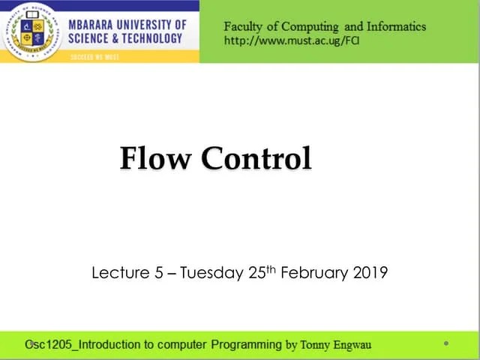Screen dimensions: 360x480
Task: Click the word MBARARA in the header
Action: tap(95, 24)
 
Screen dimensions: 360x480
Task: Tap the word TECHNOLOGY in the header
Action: tap(147, 39)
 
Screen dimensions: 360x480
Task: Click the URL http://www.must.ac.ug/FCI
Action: tap(292, 40)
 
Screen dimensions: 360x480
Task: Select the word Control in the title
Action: tap(256, 158)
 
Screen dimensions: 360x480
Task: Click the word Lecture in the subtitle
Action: tap(121, 273)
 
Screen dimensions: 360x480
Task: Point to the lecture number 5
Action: tap(159, 273)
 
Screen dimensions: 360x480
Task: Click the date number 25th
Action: tap(261, 271)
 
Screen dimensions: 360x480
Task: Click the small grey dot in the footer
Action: tap(445, 343)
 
